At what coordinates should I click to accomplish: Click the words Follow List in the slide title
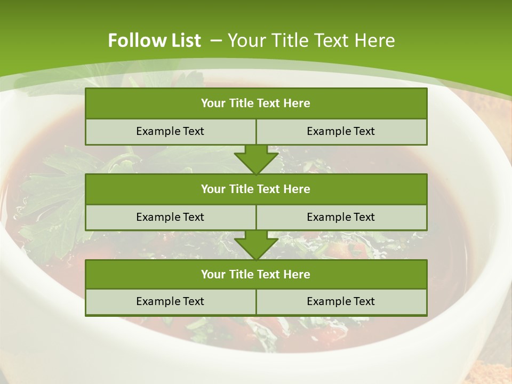154,41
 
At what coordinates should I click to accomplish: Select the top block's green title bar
256,103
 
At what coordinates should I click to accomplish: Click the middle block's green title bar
256,189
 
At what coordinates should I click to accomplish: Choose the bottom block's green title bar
256,274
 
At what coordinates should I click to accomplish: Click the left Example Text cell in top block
170,132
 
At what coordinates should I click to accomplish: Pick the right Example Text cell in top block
341,132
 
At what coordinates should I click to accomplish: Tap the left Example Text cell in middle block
170,217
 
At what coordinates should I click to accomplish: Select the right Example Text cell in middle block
341,217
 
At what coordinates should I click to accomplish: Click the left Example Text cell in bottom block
170,302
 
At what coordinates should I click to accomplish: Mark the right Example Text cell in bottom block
341,302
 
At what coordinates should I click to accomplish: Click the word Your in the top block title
213,103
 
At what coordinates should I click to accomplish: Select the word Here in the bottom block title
297,274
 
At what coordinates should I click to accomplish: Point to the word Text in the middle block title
269,189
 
